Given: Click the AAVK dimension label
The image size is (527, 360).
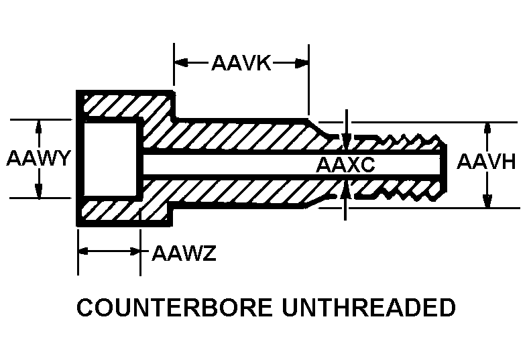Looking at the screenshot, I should [241, 64].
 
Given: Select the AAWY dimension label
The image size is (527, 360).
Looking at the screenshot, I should [38, 159].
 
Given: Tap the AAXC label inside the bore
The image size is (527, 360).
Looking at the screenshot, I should [345, 165].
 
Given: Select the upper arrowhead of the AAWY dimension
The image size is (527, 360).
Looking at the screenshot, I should [39, 127].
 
